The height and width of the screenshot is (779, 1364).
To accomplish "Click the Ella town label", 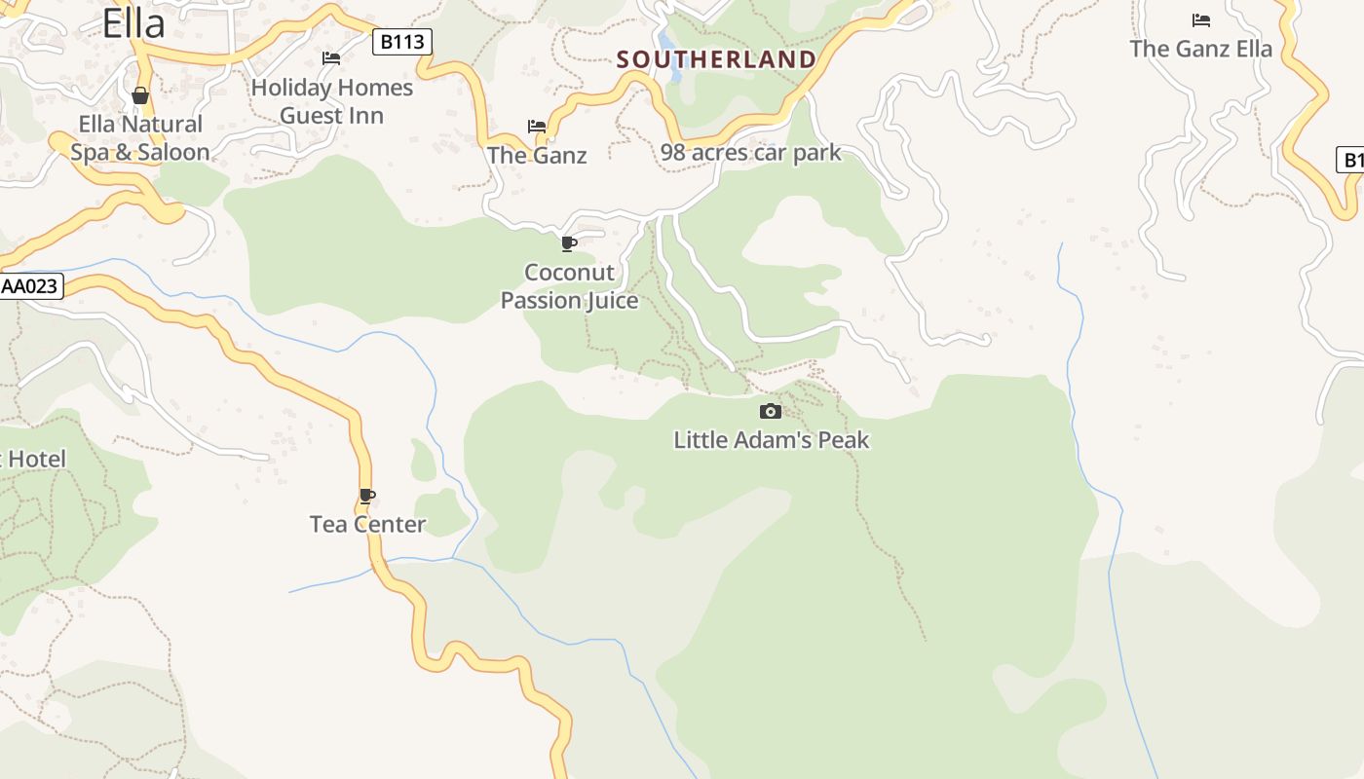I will [x=133, y=23].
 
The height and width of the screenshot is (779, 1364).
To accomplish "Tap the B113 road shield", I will [x=402, y=42].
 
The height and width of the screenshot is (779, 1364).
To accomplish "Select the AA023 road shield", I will [x=30, y=286].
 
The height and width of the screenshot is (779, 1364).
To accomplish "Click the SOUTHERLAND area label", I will [x=716, y=59].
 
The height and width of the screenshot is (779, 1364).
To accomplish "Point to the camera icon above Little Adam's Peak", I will [x=770, y=411].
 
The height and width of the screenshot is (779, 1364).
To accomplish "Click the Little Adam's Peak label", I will [x=771, y=440].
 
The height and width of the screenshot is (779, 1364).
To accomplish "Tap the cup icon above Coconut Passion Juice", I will [x=569, y=243].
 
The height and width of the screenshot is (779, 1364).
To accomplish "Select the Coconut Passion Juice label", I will [x=569, y=286].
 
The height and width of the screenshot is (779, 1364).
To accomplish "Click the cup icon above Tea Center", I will [x=367, y=497].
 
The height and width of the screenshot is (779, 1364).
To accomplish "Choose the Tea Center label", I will [x=367, y=525].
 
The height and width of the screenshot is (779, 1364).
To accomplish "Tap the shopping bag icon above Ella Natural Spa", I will [x=140, y=95].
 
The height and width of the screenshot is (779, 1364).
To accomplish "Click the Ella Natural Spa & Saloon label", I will [x=140, y=138].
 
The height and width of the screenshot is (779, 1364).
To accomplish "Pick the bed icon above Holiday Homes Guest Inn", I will [x=331, y=58].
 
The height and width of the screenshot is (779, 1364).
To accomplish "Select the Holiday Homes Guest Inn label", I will [x=331, y=101].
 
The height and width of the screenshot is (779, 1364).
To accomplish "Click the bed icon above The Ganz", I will [x=537, y=127].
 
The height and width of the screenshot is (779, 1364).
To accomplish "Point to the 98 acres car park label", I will [x=750, y=153].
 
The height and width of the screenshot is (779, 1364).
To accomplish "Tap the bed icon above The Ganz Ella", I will [x=1201, y=20].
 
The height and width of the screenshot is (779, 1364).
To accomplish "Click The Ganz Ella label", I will [x=1200, y=49].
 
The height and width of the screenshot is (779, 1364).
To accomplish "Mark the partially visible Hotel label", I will [x=33, y=460].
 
